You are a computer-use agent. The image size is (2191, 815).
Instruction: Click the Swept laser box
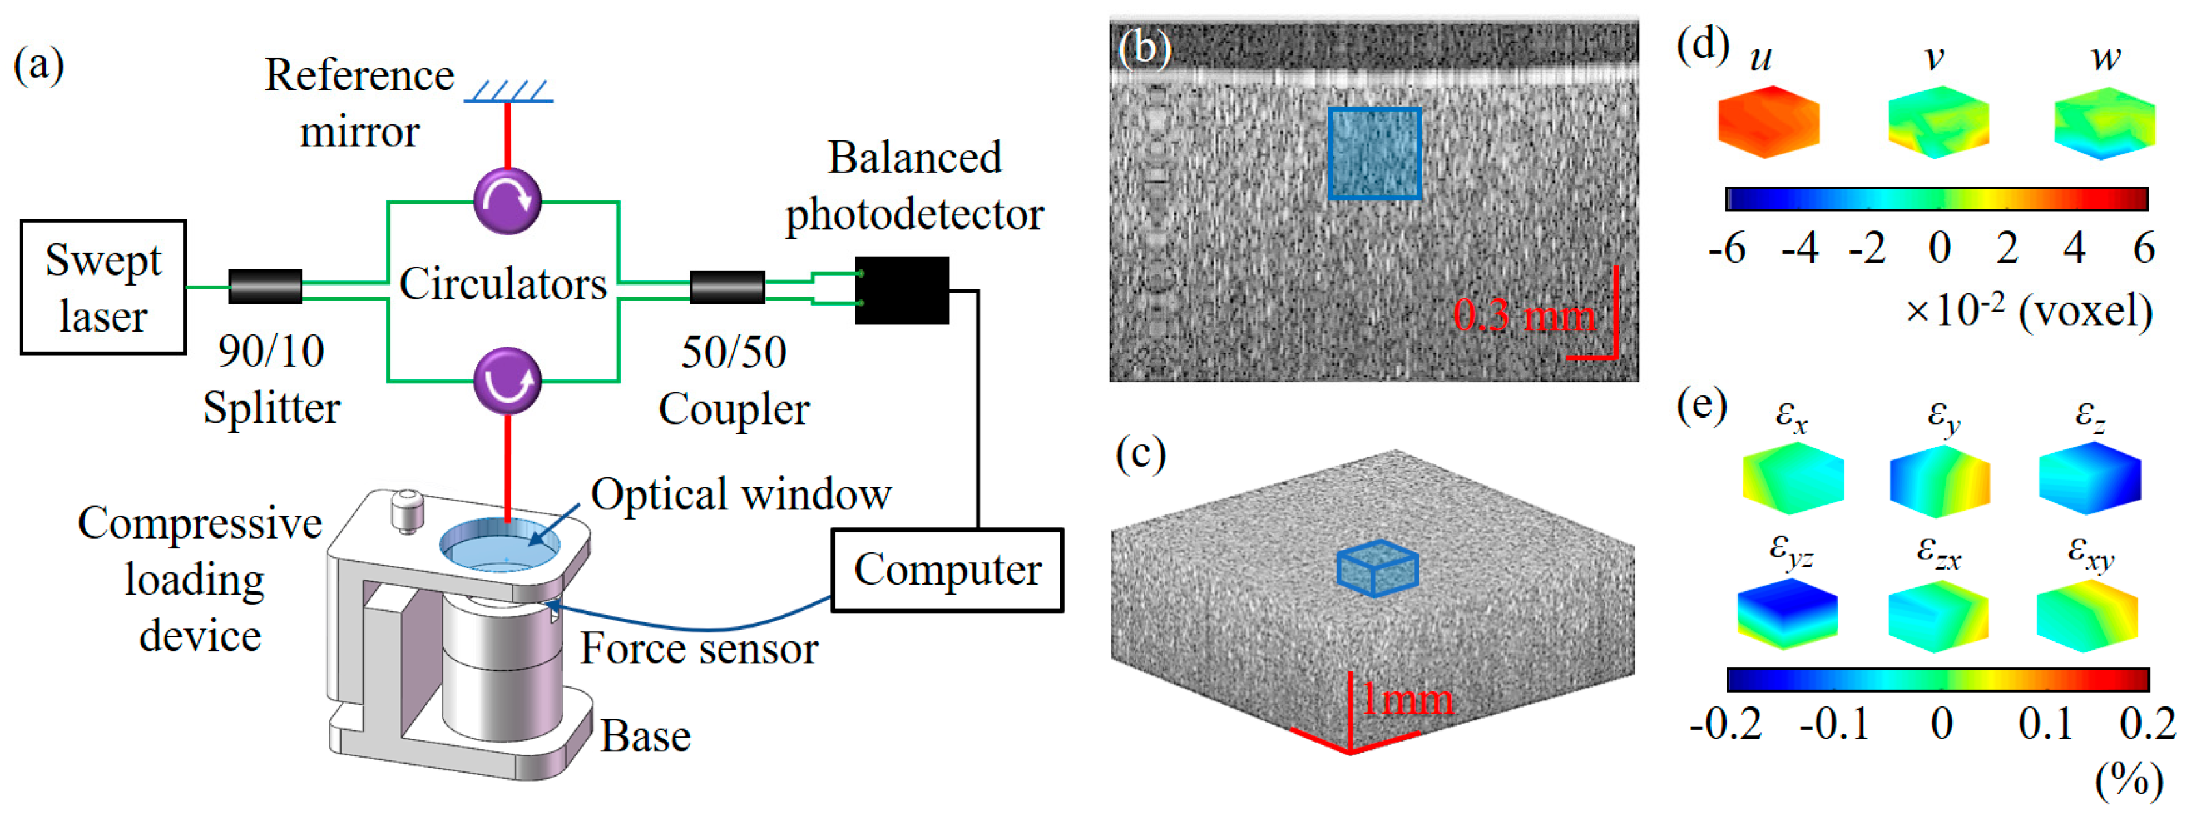(103, 287)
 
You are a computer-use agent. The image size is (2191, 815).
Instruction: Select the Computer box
(947, 569)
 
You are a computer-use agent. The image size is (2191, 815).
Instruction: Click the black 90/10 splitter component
(265, 287)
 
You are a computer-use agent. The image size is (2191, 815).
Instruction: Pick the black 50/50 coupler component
(727, 287)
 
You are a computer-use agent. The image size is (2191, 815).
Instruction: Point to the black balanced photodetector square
(902, 290)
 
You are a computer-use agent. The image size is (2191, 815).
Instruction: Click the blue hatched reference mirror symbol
(509, 91)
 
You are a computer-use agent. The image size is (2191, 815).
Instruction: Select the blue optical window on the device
(500, 545)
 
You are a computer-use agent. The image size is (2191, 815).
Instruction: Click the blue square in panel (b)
(1375, 154)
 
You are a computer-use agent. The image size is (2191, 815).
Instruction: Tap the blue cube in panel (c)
(1377, 567)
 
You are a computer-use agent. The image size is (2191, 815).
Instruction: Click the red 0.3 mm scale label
(1522, 315)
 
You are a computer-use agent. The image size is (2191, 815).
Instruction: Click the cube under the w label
(2104, 124)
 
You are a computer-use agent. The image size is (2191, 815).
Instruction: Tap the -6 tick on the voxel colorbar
(1727, 248)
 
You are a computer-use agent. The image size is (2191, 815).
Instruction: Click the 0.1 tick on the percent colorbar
(2045, 723)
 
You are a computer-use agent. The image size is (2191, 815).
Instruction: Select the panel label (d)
(1702, 44)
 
